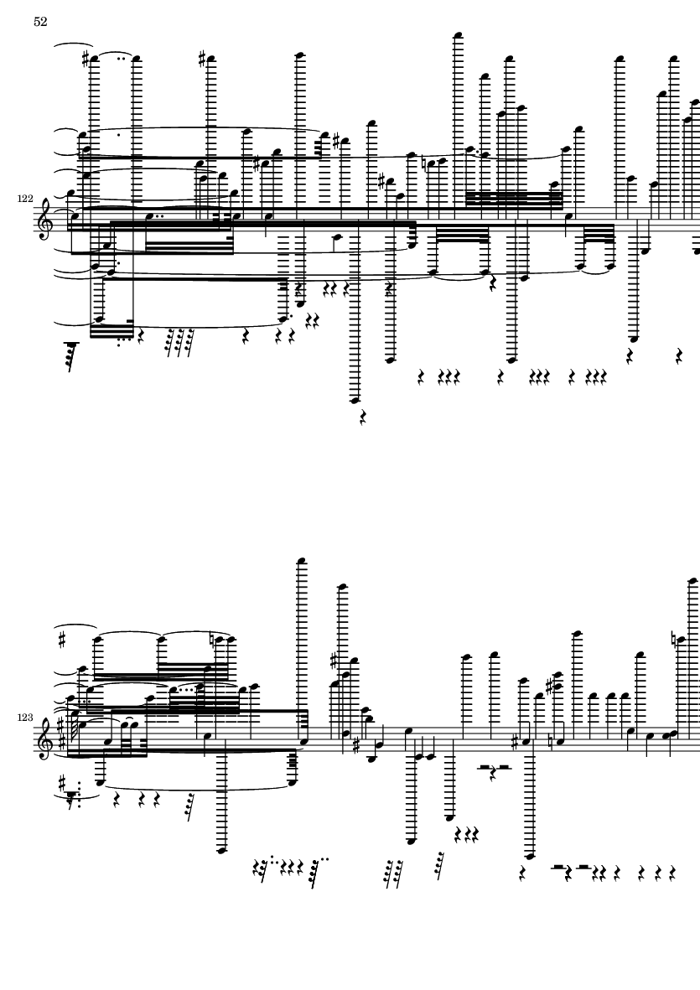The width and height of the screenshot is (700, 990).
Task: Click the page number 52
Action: pos(39,22)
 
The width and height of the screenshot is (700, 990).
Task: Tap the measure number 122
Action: pos(25,199)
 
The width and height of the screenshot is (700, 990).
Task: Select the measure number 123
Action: pos(25,718)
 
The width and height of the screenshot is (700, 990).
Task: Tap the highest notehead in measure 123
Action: pos(303,561)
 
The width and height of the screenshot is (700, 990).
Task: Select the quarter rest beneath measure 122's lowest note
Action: pos(363,417)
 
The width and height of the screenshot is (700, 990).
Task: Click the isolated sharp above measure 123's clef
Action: pos(62,640)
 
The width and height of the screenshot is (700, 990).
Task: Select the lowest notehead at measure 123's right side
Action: pos(530,856)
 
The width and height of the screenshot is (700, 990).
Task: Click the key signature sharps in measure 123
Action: pos(60,733)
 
